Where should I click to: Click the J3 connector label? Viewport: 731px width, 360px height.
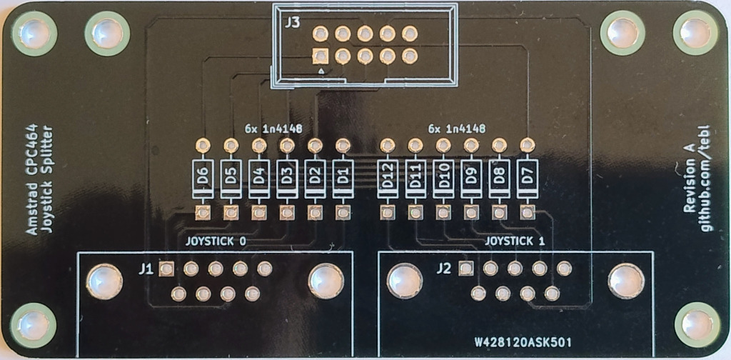pos(291,23)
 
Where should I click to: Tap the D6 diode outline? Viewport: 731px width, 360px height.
pos(203,179)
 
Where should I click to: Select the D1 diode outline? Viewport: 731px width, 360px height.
pos(343,179)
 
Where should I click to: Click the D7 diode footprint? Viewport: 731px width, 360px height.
pos(527,179)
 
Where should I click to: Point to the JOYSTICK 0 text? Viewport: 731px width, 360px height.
pos(216,241)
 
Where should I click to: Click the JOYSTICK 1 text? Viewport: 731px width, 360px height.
pos(515,241)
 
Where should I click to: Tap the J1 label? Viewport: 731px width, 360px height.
pos(146,269)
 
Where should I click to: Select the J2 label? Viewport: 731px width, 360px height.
pos(444,269)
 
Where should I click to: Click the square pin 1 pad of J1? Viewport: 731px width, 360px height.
pos(166,269)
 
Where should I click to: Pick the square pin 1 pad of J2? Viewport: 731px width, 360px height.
pos(465,269)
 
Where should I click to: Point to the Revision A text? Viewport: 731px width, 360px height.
pos(689,179)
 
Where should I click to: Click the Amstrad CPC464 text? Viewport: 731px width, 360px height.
pos(31,179)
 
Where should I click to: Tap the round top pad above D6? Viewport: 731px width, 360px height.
pos(203,146)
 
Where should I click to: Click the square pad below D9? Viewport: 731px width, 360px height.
pos(471,213)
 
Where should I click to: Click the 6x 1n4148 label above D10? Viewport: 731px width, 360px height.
pos(457,129)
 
